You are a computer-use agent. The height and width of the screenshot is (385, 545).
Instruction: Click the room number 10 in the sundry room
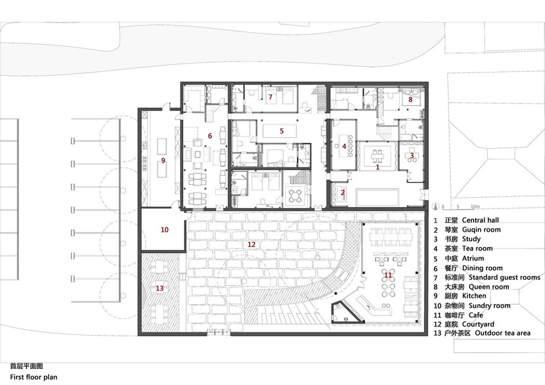click(165, 230)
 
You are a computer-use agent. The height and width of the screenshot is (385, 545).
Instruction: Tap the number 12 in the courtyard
click(251, 244)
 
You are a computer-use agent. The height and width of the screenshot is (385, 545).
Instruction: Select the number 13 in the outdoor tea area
click(159, 288)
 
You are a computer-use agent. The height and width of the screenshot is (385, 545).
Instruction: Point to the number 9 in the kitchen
click(163, 160)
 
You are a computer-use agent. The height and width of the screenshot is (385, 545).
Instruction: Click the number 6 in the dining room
click(210, 136)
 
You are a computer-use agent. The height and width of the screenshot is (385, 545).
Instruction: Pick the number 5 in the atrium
click(281, 131)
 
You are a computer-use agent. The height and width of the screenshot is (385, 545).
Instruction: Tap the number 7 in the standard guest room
click(271, 97)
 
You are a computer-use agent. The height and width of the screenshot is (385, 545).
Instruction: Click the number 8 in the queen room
click(411, 99)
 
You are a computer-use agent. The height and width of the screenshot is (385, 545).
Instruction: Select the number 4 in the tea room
click(344, 146)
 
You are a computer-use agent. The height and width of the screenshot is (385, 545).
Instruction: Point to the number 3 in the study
click(412, 155)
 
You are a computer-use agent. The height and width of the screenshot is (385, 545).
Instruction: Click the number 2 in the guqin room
click(343, 193)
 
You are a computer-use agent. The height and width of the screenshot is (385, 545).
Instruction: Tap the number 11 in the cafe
click(388, 275)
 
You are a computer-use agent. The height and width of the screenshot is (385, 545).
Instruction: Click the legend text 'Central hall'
click(480, 220)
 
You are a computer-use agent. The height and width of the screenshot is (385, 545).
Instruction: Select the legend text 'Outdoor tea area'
click(503, 333)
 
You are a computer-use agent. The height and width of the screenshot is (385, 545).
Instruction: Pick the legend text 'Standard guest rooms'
click(505, 277)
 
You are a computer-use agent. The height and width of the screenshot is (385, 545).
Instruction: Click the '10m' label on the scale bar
click(475, 207)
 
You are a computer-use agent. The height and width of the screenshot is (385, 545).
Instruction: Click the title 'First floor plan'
click(33, 377)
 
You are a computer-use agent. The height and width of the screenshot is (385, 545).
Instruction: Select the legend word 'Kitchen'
click(474, 296)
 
